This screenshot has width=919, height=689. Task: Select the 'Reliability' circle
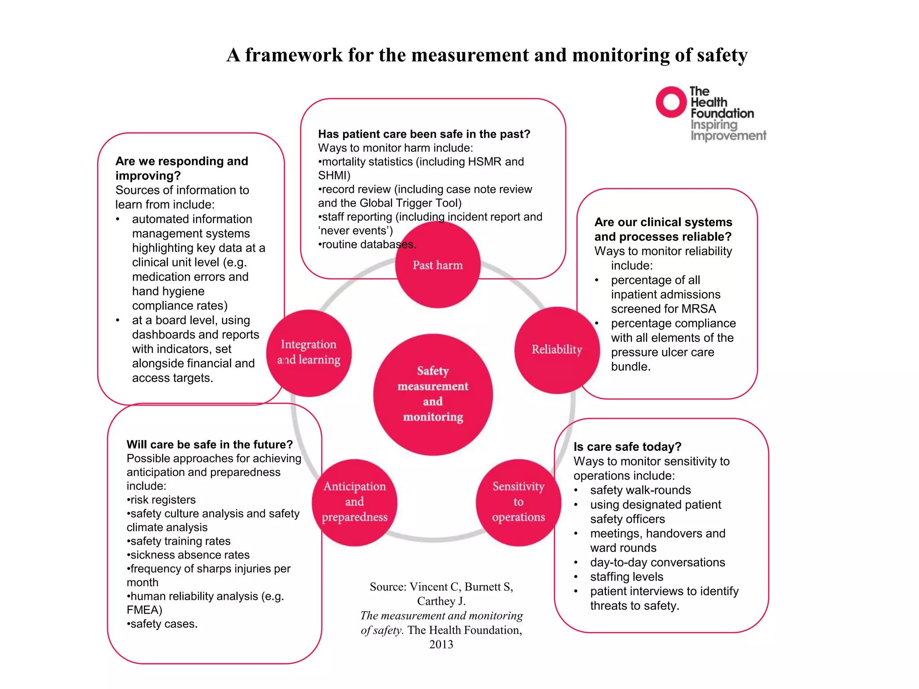(557, 350)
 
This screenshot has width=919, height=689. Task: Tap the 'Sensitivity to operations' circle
(518, 502)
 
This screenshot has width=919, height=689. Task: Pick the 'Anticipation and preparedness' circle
(354, 502)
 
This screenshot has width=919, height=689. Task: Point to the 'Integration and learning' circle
(309, 353)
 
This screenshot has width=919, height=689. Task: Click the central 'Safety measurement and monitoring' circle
(433, 394)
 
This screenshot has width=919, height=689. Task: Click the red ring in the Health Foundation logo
(671, 102)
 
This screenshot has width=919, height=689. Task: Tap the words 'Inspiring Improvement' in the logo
(728, 130)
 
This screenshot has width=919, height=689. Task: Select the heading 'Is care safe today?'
(627, 447)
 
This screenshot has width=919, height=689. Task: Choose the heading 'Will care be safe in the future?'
(210, 445)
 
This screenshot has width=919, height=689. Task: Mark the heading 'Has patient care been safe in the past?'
(424, 134)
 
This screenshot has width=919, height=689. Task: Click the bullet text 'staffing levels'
(626, 577)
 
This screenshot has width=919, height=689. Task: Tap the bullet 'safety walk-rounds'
(640, 490)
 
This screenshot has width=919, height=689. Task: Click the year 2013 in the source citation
(441, 645)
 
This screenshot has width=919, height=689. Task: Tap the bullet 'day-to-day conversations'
(657, 563)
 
